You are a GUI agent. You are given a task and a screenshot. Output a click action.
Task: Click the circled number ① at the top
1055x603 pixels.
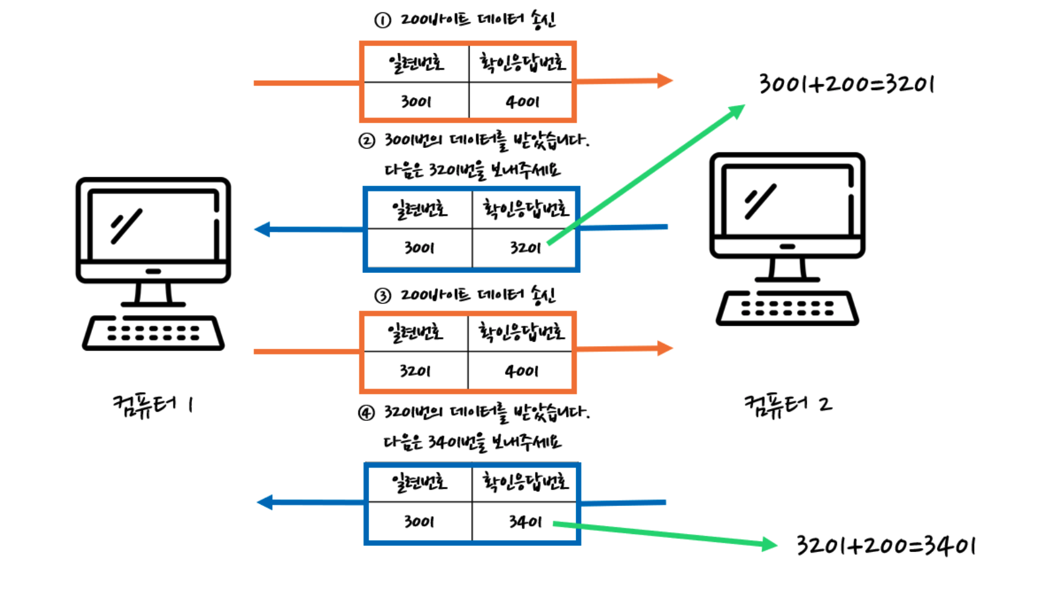(383, 21)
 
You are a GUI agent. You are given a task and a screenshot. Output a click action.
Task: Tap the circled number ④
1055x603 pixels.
(367, 413)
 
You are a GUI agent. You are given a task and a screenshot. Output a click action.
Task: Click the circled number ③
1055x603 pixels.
(383, 296)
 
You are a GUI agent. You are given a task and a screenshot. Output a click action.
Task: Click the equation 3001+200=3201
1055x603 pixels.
(846, 84)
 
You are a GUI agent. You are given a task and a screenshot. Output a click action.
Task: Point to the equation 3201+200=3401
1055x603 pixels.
(885, 546)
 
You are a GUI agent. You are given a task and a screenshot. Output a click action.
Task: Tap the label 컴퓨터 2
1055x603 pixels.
(788, 405)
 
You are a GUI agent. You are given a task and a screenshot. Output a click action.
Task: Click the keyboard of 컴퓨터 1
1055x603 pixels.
(153, 333)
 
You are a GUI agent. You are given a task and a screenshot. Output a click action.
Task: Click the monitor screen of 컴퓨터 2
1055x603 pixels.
(787, 200)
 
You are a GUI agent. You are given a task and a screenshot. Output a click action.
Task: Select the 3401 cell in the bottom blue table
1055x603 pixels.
(524, 522)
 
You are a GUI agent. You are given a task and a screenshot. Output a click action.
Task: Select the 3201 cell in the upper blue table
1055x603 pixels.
(524, 248)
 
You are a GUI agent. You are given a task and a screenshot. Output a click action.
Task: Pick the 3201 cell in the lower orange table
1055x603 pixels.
(416, 371)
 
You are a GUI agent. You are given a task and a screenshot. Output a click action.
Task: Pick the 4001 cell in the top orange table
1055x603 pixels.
(521, 101)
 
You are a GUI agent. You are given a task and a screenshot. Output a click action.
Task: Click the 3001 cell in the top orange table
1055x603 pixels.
(416, 101)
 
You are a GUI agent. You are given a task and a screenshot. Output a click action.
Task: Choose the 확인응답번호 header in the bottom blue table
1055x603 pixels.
(524, 482)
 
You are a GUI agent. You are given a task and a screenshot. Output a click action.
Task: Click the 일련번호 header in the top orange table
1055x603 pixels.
(416, 63)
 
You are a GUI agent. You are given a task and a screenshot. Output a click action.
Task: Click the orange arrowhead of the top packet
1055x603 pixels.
(665, 81)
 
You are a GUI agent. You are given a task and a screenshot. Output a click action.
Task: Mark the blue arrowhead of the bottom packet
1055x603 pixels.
(265, 502)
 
